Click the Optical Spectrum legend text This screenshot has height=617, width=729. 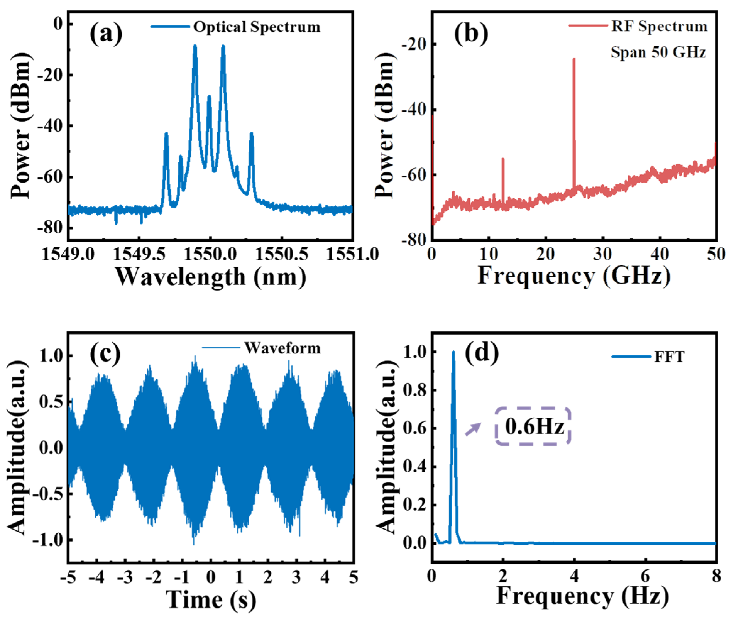tap(256, 27)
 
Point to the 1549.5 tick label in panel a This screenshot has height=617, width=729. tap(139, 254)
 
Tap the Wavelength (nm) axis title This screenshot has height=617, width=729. tap(211, 277)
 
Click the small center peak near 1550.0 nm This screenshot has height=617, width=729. tap(209, 98)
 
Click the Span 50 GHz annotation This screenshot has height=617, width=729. tap(658, 52)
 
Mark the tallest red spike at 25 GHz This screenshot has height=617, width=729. tap(574, 60)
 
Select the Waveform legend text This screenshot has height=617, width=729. tap(282, 348)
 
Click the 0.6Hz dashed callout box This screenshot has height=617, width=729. tap(533, 426)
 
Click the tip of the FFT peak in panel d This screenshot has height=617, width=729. tap(453, 352)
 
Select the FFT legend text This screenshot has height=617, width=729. tap(669, 357)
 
